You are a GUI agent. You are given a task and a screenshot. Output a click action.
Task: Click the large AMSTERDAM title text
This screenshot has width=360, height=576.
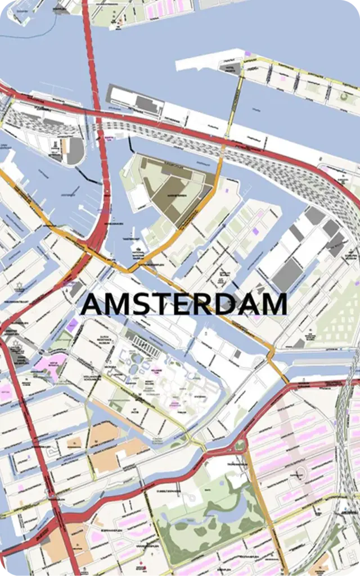[x=184, y=304]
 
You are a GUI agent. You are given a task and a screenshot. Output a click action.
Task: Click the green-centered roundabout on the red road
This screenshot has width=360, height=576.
[x=240, y=445]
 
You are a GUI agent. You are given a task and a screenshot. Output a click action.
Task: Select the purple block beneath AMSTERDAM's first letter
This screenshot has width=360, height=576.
[x=72, y=325]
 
